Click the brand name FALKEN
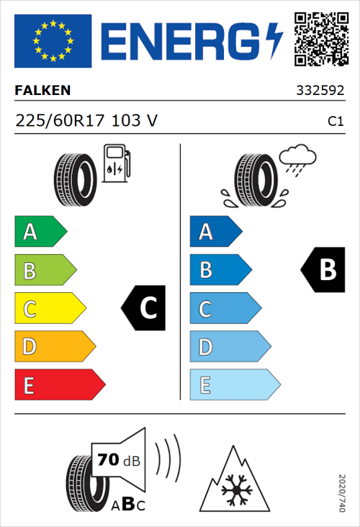pyautogui.click(x=43, y=91)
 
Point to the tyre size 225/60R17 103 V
pyautogui.click(x=86, y=121)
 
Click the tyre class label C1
pyautogui.click(x=335, y=122)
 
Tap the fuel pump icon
pyautogui.click(x=115, y=163)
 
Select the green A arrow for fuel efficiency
pyautogui.click(x=40, y=232)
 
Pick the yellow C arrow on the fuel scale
pyautogui.click(x=49, y=309)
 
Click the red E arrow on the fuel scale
pyautogui.click(x=59, y=385)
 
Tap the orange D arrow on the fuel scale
pyautogui.click(x=54, y=347)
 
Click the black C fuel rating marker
pyautogui.click(x=144, y=308)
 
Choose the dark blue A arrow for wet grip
pyautogui.click(x=215, y=232)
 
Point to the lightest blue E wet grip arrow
pyautogui.click(x=234, y=385)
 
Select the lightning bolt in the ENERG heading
pyautogui.click(x=275, y=40)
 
